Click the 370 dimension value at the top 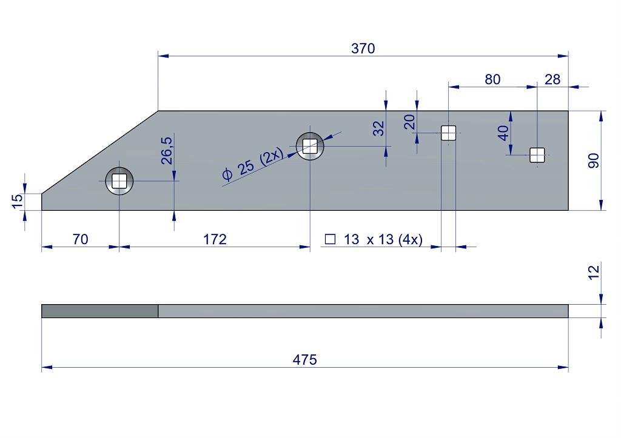pyautogui.click(x=363, y=48)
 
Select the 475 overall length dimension pyautogui.click(x=305, y=360)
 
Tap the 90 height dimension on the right pyautogui.click(x=594, y=161)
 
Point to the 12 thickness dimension pyautogui.click(x=594, y=273)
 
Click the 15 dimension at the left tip pyautogui.click(x=18, y=201)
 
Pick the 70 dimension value pyautogui.click(x=80, y=239)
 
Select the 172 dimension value pyautogui.click(x=215, y=239)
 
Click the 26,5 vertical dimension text pyautogui.click(x=167, y=150)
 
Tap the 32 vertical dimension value pyautogui.click(x=378, y=128)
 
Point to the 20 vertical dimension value pyautogui.click(x=409, y=122)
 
